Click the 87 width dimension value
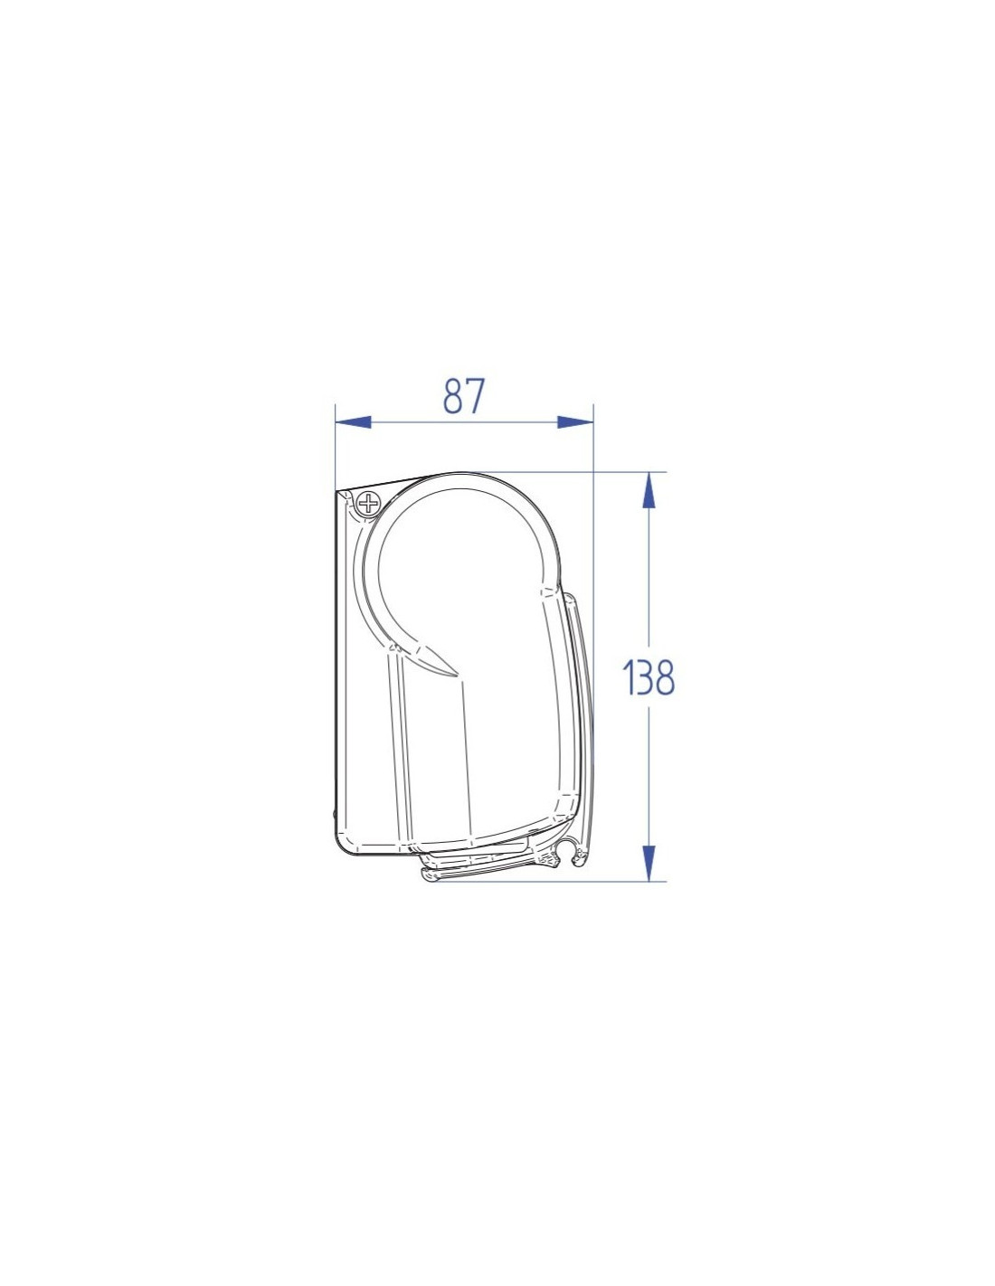pos(464,395)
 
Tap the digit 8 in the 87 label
pos(453,395)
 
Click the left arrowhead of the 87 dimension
pos(353,422)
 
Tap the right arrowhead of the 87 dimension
pos(574,422)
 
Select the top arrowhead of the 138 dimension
pos(649,490)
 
